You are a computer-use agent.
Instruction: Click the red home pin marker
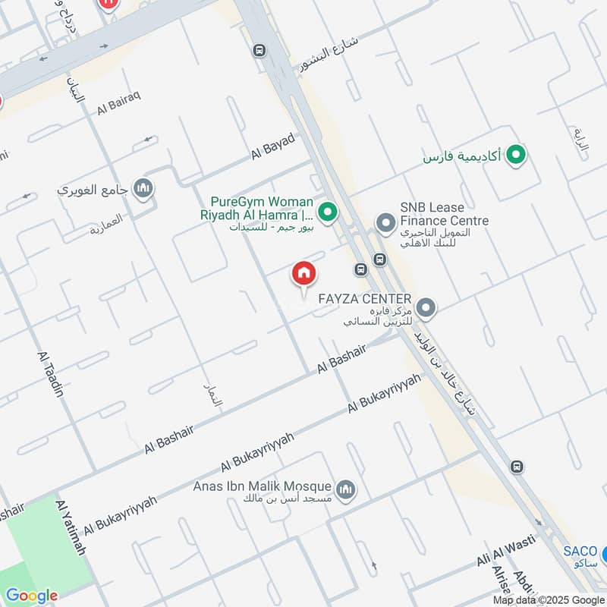[x=304, y=274]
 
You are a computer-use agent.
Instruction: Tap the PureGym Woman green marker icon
[x=327, y=212]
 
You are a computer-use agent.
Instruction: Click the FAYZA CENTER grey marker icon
[x=426, y=308]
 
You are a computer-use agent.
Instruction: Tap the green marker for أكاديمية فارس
[x=517, y=156]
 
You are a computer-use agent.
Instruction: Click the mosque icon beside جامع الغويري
[x=143, y=188]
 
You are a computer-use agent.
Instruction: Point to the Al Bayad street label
[x=272, y=146]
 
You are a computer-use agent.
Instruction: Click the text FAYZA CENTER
[x=366, y=299]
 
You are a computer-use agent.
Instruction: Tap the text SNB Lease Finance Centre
[x=444, y=214]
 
